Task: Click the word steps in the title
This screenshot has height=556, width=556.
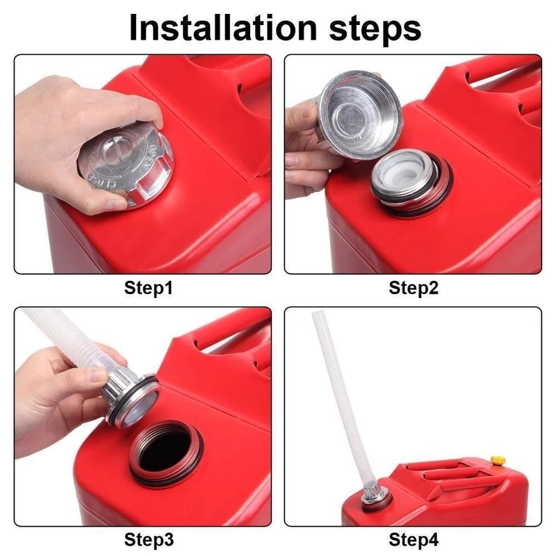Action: tap(368, 28)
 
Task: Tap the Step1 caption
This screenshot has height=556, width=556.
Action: tap(148, 287)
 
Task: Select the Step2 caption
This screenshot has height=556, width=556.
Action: tap(414, 287)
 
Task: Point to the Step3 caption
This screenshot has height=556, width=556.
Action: tap(148, 539)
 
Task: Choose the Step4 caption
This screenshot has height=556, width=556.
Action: tap(414, 539)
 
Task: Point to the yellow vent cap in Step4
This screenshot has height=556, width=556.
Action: tap(497, 460)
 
